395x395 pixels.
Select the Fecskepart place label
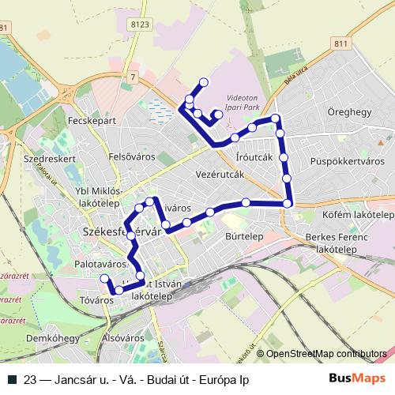point(92,123)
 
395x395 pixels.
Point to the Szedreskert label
point(49,158)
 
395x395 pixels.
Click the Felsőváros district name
point(130,156)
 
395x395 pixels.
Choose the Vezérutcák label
point(218,177)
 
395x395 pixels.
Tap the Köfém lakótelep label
point(358,215)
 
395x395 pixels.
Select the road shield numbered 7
point(134,77)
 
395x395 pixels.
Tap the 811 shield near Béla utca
point(340,44)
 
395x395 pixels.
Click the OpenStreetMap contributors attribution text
point(326,353)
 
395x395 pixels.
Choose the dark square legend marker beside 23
point(13,379)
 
